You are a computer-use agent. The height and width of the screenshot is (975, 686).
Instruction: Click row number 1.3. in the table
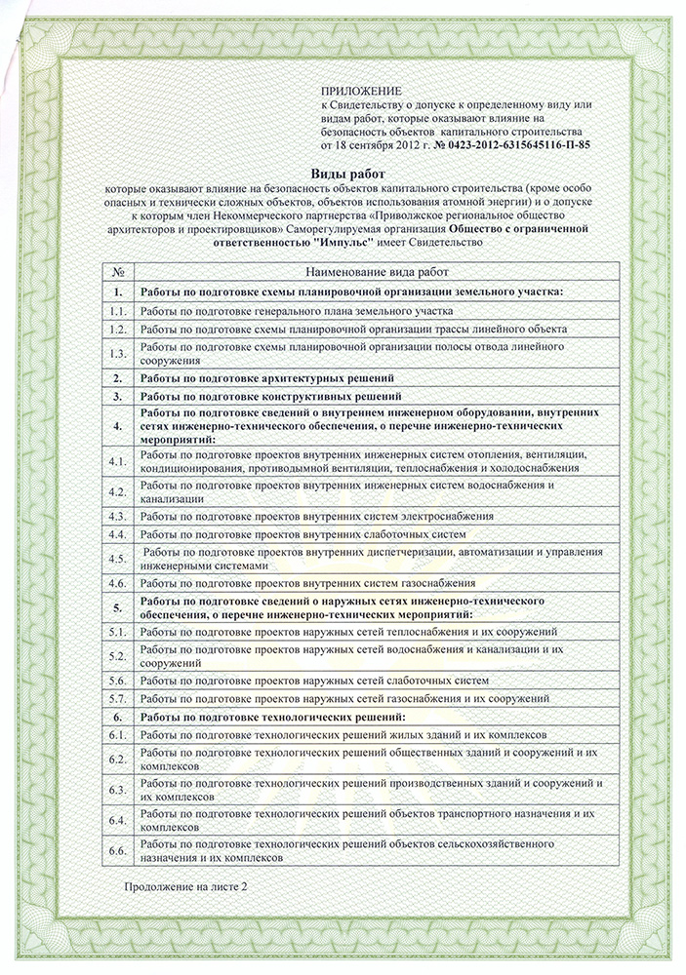pos(118,353)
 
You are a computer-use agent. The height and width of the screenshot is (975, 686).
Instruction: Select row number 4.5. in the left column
pos(118,559)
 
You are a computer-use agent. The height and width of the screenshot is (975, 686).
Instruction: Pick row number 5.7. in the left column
pos(118,698)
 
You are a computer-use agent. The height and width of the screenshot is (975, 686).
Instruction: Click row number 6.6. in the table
pos(118,850)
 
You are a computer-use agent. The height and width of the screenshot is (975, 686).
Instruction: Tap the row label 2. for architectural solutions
pos(117,377)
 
